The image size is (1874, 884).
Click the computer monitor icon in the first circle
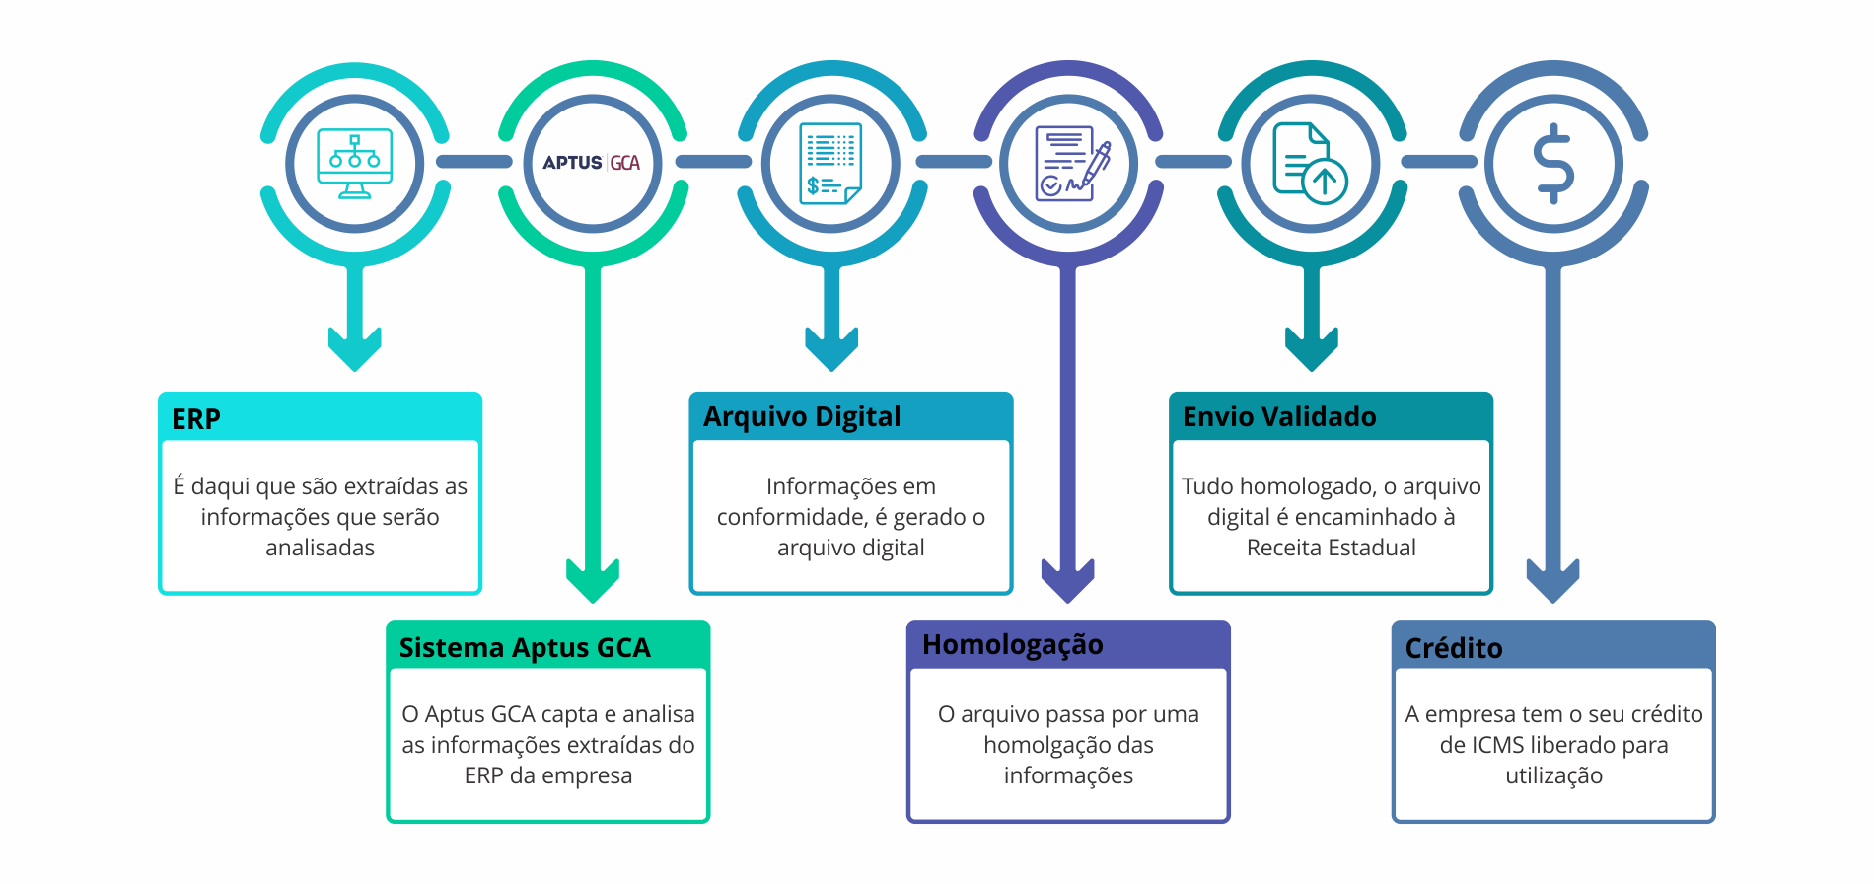pos(355,164)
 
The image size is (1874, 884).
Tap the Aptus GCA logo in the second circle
pos(592,163)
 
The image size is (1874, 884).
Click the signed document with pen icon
pos(1071,164)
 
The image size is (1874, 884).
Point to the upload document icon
pos(1310,164)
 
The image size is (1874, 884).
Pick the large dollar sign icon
pos(1553,164)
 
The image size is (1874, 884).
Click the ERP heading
pos(196,419)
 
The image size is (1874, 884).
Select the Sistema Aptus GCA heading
pos(525,648)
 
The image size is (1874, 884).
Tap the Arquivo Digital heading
pos(802,417)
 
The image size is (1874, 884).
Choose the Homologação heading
pos(1013,645)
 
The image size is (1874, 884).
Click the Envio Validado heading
pos(1279,417)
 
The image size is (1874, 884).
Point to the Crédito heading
pos(1454,648)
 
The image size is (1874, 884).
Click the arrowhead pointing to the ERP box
pos(355,349)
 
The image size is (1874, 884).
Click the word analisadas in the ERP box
pos(320,548)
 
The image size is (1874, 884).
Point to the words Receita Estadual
pos(1331,548)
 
